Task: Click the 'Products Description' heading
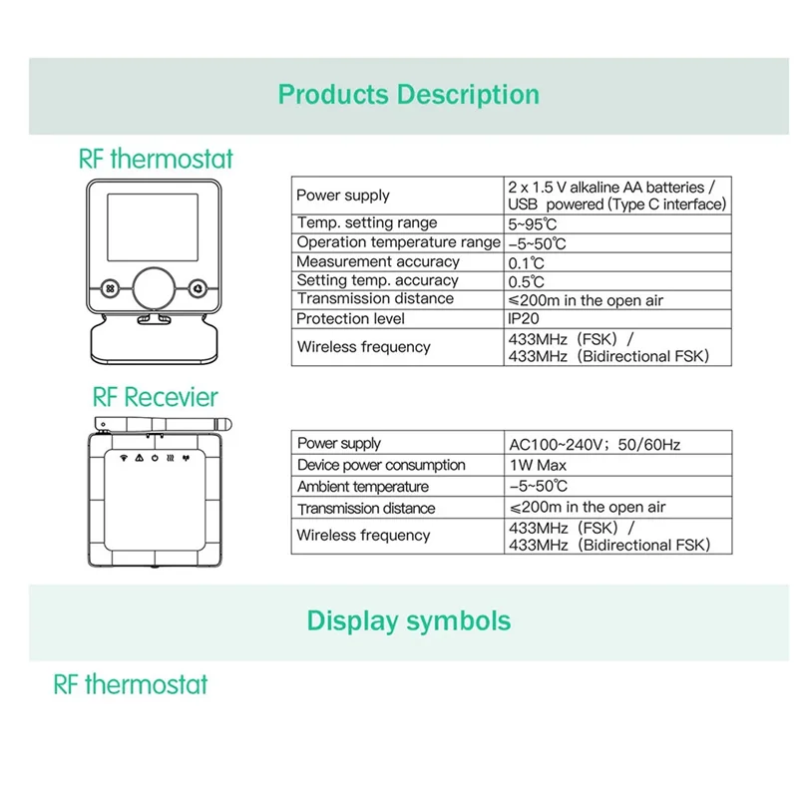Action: (408, 95)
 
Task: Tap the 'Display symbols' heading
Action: (408, 620)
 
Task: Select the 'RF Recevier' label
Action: (155, 397)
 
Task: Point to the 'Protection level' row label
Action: (351, 319)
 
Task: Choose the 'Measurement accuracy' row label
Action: (364, 261)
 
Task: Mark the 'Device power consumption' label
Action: (381, 465)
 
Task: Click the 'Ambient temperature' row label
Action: (363, 487)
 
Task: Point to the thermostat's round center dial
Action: (156, 287)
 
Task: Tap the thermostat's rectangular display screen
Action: (156, 225)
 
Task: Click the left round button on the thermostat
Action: (109, 286)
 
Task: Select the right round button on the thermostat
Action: (199, 286)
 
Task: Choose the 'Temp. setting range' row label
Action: (367, 223)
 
